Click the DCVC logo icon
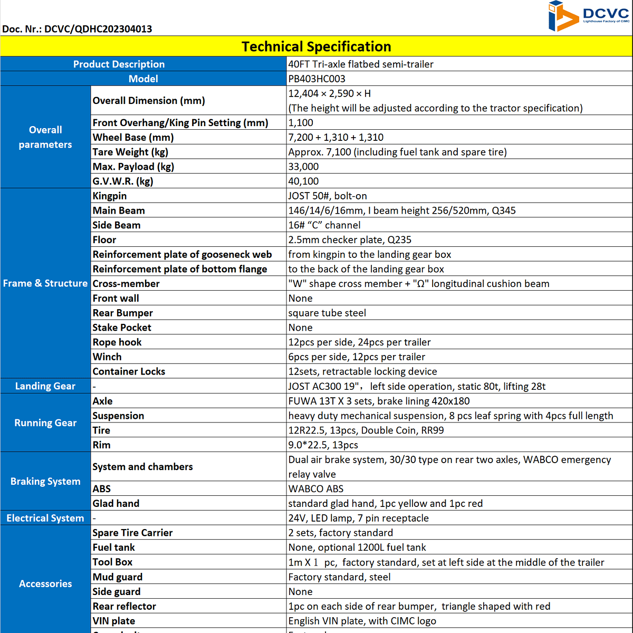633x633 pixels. (563, 16)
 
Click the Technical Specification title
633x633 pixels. (316, 46)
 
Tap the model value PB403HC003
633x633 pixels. (316, 79)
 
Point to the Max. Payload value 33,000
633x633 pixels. (303, 167)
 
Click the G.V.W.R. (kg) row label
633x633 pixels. (123, 181)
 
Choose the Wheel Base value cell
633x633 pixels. (335, 137)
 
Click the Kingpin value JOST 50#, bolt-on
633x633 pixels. (327, 196)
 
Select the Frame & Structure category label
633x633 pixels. (45, 283)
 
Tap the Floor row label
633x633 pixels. (104, 239)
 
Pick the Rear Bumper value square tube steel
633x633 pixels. (327, 313)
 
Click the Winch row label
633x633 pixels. (107, 357)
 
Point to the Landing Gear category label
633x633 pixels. (45, 386)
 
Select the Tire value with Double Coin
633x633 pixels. (366, 430)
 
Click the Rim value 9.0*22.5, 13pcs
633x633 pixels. (323, 445)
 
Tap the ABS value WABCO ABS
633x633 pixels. (315, 488)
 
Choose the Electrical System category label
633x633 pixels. (45, 518)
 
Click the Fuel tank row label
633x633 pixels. (114, 548)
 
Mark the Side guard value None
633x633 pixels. (300, 591)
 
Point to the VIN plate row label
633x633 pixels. (114, 621)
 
